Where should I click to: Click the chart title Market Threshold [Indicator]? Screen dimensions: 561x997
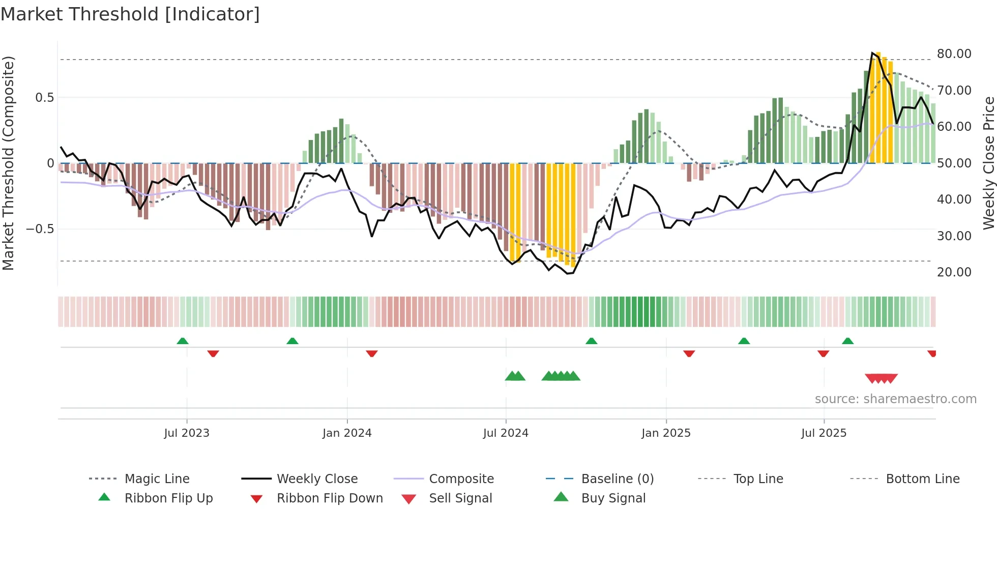pyautogui.click(x=130, y=14)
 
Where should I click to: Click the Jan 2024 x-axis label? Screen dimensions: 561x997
pyautogui.click(x=347, y=433)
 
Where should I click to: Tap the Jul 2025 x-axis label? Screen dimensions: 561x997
pyautogui.click(x=824, y=433)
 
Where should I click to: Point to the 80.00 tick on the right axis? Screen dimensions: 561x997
pyautogui.click(x=954, y=54)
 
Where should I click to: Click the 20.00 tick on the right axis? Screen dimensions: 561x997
pyautogui.click(x=954, y=272)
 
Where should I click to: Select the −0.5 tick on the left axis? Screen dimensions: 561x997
pyautogui.click(x=40, y=229)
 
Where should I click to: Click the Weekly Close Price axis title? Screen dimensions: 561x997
pyautogui.click(x=988, y=163)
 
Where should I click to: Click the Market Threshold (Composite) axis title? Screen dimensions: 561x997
pyautogui.click(x=8, y=163)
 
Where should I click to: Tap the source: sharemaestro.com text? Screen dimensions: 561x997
pyautogui.click(x=895, y=399)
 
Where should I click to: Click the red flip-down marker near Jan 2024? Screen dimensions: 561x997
pyautogui.click(x=372, y=353)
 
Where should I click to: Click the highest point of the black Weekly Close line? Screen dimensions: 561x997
pyautogui.click(x=872, y=53)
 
